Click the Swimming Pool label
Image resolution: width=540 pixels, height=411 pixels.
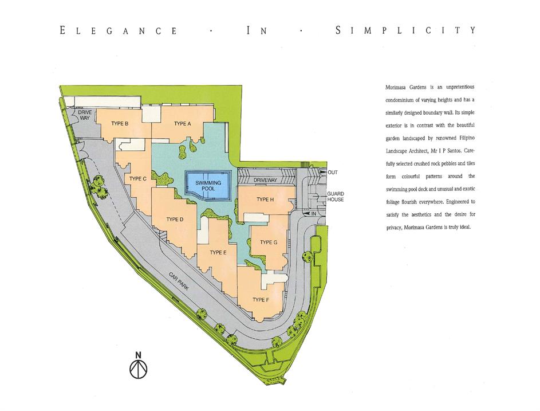[x=208, y=186]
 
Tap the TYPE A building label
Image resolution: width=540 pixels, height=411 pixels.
[x=182, y=124]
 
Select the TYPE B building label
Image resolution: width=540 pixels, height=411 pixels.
[x=120, y=123]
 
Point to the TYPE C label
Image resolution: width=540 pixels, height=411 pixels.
[x=138, y=179]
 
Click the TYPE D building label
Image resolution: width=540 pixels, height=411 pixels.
[x=175, y=220]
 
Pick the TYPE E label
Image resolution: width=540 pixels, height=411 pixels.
[x=218, y=253]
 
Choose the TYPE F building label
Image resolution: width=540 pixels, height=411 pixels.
[x=261, y=300]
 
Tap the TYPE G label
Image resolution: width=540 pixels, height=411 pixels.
[x=269, y=242]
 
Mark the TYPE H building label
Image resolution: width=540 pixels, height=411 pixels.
[x=265, y=199]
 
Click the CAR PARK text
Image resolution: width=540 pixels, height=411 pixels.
[x=179, y=281]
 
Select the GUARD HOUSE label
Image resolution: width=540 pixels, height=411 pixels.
[x=336, y=197]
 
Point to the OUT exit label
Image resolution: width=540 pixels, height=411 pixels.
[x=333, y=173]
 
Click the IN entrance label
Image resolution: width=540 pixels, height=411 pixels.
[x=313, y=214]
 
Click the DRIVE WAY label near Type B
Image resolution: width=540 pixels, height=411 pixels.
[x=85, y=115]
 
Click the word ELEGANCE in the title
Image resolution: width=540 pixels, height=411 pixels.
[x=119, y=31]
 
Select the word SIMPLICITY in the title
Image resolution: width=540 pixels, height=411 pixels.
[x=405, y=30]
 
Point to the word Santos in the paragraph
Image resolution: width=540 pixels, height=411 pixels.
[x=456, y=151]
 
